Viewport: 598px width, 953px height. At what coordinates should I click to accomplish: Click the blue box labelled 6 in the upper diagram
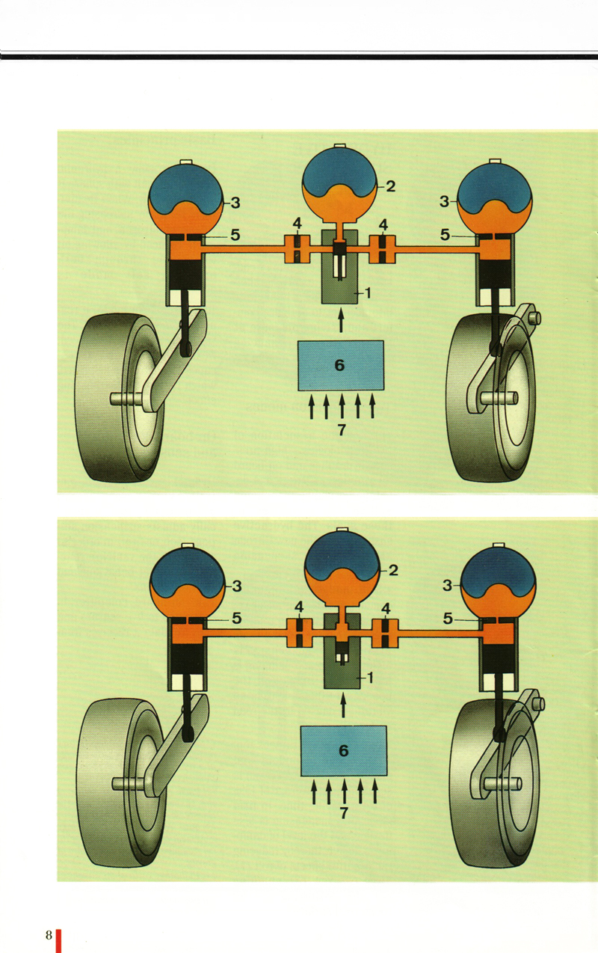click(x=340, y=366)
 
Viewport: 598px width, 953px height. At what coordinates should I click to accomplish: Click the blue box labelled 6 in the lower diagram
click(x=343, y=750)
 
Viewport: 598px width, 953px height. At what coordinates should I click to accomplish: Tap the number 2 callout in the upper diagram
click(x=391, y=186)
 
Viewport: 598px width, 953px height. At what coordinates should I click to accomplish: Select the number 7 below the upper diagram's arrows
click(x=342, y=429)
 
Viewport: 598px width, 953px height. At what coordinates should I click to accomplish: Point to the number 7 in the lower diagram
click(x=345, y=813)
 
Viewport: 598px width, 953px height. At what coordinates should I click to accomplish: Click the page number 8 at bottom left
click(x=49, y=935)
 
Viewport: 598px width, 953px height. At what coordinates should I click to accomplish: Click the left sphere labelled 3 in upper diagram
click(x=185, y=200)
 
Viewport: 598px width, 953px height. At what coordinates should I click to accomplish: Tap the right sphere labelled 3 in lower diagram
click(x=499, y=583)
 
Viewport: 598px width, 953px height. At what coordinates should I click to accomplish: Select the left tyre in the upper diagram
click(x=120, y=398)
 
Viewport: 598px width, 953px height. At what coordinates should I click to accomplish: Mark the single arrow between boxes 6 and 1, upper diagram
click(x=341, y=320)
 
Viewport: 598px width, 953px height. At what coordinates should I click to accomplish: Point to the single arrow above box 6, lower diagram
click(x=343, y=705)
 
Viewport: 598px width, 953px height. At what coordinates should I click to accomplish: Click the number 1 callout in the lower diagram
click(x=370, y=677)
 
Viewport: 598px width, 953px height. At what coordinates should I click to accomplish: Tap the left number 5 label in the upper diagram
click(x=235, y=235)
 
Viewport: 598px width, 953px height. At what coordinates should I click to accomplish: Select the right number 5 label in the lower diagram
click(x=448, y=619)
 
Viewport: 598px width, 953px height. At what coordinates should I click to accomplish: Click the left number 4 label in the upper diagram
click(x=297, y=224)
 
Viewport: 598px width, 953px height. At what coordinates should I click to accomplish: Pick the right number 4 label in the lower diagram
click(x=386, y=608)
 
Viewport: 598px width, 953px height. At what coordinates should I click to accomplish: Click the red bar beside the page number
click(x=58, y=941)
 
